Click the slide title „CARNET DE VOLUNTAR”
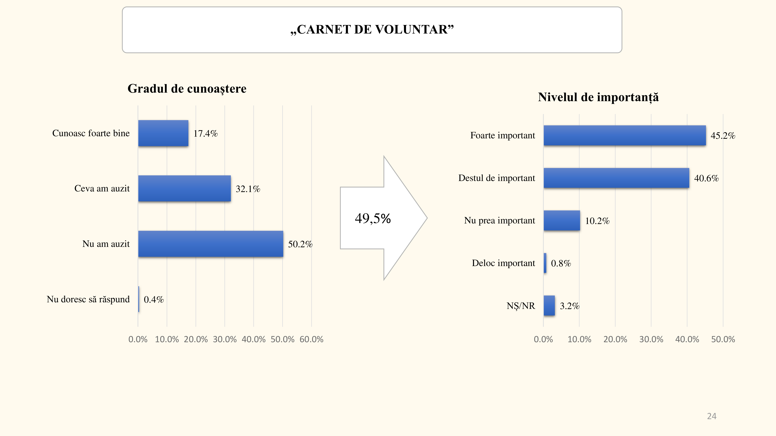click(372, 29)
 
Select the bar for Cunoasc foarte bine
click(163, 133)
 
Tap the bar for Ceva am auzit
click(184, 189)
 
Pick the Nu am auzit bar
click(210, 244)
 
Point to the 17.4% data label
click(205, 133)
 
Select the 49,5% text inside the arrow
click(373, 218)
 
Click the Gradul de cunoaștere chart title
click(187, 89)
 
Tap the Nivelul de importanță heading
click(598, 97)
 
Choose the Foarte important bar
click(624, 135)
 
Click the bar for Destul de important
click(616, 178)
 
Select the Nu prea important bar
click(562, 221)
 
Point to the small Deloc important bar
click(545, 263)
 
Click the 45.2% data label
click(723, 135)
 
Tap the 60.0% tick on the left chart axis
click(311, 339)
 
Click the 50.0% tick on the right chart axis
click(723, 339)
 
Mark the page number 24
click(712, 416)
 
